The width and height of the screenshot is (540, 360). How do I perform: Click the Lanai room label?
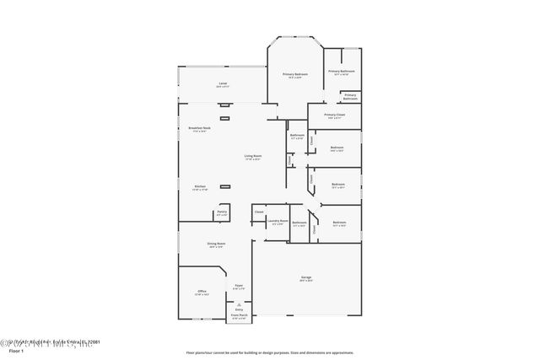pyautogui.click(x=223, y=84)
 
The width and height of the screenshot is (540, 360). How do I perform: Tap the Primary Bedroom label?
pyautogui.click(x=294, y=75)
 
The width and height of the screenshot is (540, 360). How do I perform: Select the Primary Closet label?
pyautogui.click(x=335, y=116)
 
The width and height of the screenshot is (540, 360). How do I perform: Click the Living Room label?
pyautogui.click(x=253, y=157)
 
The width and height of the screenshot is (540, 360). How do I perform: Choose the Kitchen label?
pyautogui.click(x=201, y=187)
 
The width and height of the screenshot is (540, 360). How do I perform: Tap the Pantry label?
pyautogui.click(x=222, y=214)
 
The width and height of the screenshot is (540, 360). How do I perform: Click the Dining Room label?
pyautogui.click(x=216, y=245)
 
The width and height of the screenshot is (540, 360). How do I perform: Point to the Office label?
pyautogui.click(x=202, y=293)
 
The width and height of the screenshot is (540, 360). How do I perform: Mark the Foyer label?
pyautogui.click(x=239, y=287)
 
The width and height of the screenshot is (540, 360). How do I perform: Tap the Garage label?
pyautogui.click(x=306, y=278)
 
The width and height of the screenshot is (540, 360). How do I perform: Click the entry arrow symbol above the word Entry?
pyautogui.click(x=239, y=304)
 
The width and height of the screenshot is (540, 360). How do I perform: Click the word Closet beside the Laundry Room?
pyautogui.click(x=259, y=212)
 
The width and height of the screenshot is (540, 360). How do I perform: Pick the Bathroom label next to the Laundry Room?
pyautogui.click(x=300, y=223)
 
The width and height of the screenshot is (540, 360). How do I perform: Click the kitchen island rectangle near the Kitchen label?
pyautogui.click(x=225, y=186)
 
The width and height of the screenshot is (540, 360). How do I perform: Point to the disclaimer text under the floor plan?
pyautogui.click(x=269, y=352)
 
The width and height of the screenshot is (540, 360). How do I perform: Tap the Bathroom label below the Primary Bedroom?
pyautogui.click(x=297, y=137)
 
